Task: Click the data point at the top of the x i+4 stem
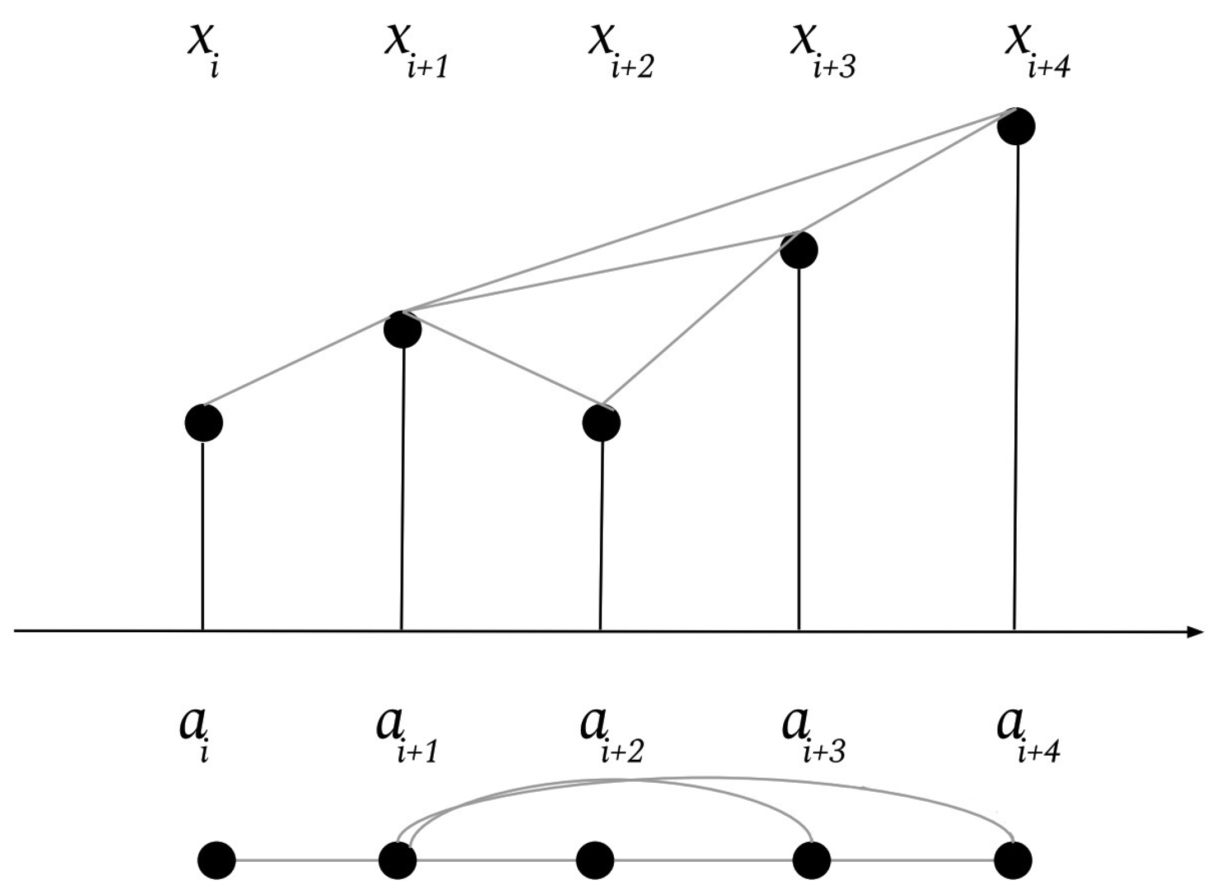(x=1016, y=126)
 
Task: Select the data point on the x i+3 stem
(x=799, y=250)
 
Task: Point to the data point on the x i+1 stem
(x=403, y=329)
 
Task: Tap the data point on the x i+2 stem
(x=601, y=422)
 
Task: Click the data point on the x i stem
(x=204, y=422)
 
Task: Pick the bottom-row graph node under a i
(x=217, y=860)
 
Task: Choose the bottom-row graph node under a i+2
(x=595, y=860)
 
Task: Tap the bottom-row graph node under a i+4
(x=1013, y=860)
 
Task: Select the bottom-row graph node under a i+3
(x=812, y=860)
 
